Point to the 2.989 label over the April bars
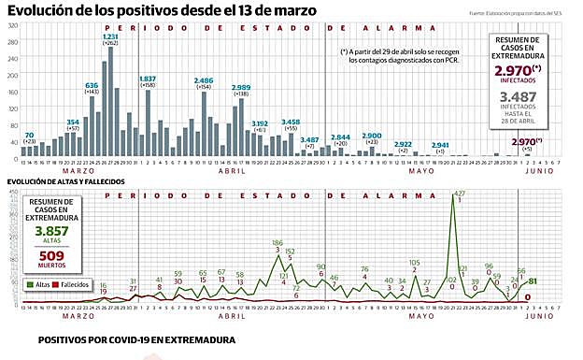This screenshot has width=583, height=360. [x=240, y=87]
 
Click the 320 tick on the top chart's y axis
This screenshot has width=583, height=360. [x=12, y=25]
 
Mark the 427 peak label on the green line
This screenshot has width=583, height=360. [x=458, y=194]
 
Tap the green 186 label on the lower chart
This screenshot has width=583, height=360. [x=277, y=243]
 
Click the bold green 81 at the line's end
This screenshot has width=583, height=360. [x=533, y=281]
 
